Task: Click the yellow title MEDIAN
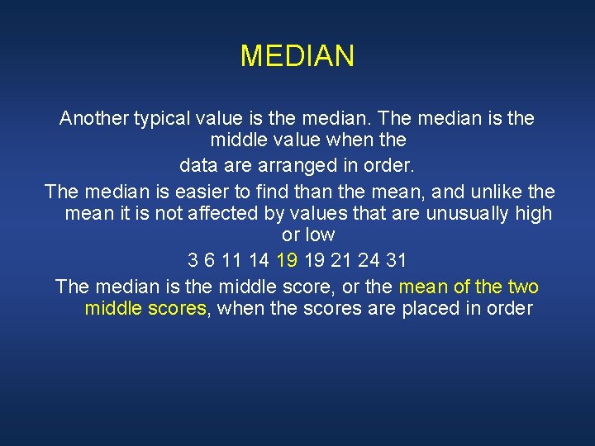tap(297, 56)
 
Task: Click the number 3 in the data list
tap(193, 261)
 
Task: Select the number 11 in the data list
tap(231, 261)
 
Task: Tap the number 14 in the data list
tap(259, 261)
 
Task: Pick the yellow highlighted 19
tap(287, 261)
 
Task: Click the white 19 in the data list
tap(315, 261)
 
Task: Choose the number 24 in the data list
tap(370, 261)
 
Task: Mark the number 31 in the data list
tap(397, 261)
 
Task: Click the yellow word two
tap(523, 287)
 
